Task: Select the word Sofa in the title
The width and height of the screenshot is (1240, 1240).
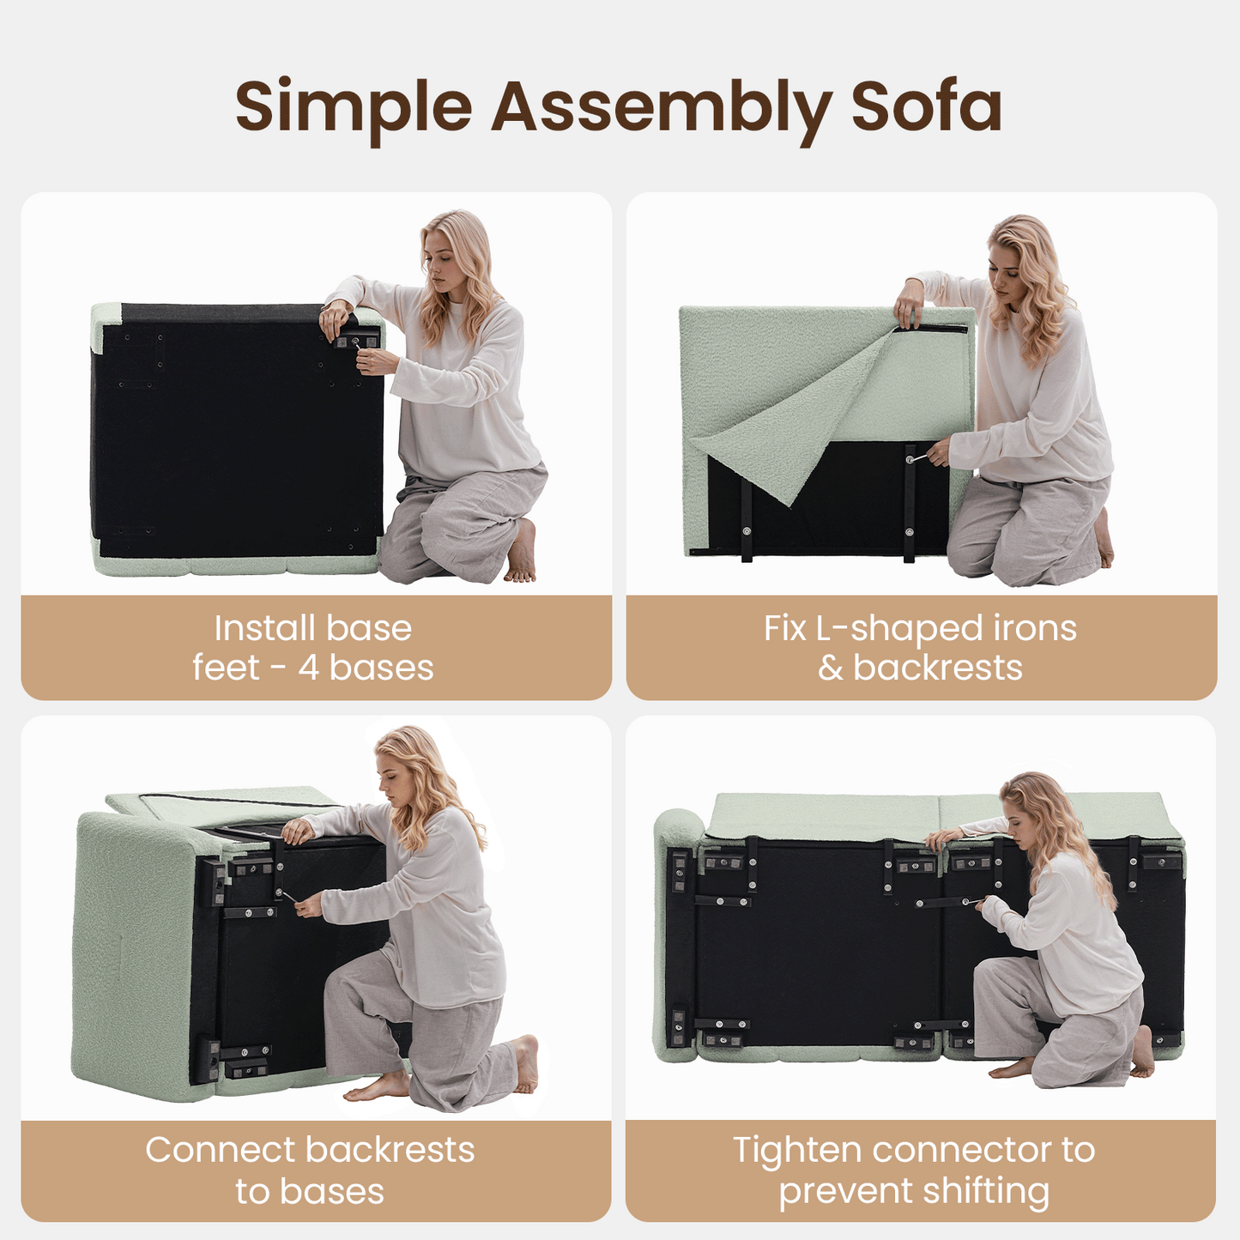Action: (927, 106)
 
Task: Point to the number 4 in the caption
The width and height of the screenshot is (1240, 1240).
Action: (309, 668)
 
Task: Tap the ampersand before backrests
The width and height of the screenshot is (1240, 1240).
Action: (831, 668)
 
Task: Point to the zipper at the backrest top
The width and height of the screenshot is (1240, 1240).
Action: (931, 329)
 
